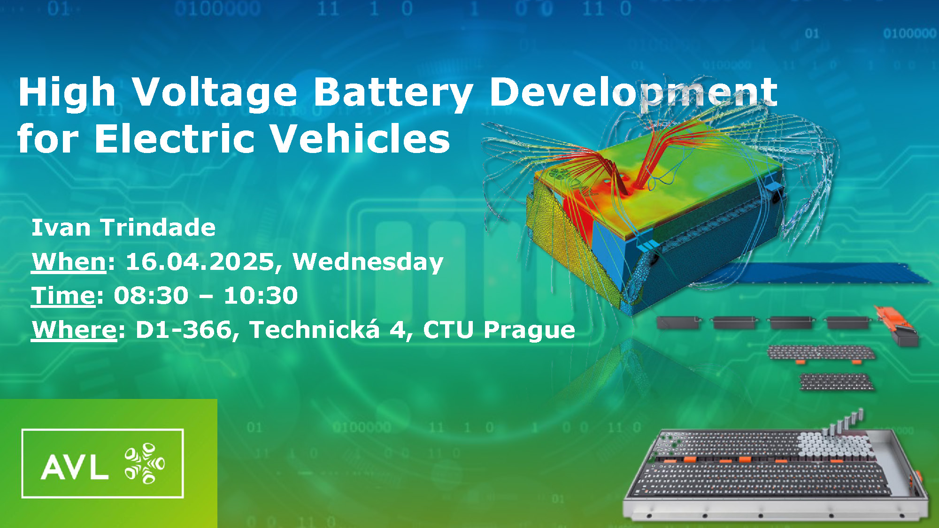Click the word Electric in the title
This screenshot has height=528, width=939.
coord(174,138)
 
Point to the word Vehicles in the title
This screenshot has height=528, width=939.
coord(360,138)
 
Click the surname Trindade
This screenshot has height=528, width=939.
coord(158,228)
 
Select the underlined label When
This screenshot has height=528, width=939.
coord(69,261)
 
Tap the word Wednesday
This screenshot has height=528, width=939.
coord(368,262)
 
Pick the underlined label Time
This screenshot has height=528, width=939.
coord(63,296)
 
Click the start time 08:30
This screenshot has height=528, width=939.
coord(151,296)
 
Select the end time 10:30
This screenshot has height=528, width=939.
coord(261,296)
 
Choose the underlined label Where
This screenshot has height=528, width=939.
coord(74,329)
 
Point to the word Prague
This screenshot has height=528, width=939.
coord(530,330)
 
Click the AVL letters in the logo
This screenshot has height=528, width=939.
coord(75,467)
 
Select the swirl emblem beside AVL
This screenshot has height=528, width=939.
coord(145,463)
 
